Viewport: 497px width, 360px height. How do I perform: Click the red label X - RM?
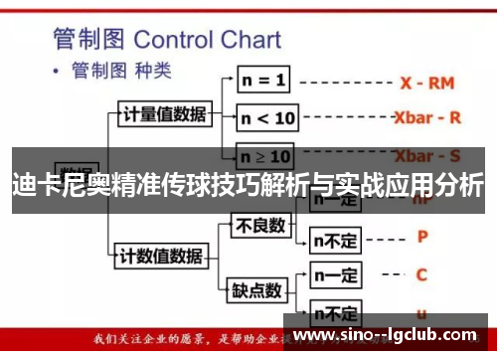426,81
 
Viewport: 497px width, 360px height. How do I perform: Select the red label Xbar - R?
428,117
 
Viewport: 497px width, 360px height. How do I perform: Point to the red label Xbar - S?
427,156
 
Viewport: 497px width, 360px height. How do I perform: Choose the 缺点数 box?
257,290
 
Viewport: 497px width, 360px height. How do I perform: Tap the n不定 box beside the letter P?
336,239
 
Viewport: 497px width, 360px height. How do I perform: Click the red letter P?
421,238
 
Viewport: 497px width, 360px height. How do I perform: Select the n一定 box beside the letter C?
336,273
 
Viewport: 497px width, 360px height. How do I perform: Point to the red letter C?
421,273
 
